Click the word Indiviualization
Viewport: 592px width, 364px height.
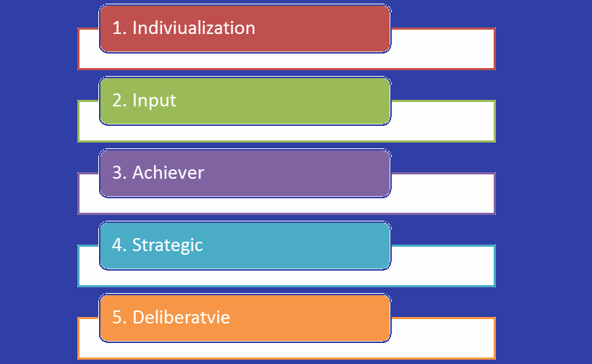point(194,28)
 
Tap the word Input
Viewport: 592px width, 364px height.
point(154,101)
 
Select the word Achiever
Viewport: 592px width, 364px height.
point(168,173)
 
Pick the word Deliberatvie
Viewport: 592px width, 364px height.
point(181,317)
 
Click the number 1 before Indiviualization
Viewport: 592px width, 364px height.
point(117,28)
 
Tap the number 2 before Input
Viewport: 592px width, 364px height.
point(117,101)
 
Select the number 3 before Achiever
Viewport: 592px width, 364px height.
point(117,173)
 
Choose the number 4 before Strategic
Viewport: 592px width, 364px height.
point(117,245)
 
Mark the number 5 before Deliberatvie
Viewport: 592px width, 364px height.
point(117,318)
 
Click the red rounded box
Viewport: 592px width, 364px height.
point(245,28)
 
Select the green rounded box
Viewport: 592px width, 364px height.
point(245,101)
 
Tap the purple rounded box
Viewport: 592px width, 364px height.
point(245,173)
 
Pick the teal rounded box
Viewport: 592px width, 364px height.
point(245,246)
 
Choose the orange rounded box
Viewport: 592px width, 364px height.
point(245,318)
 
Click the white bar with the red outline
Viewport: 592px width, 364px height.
point(442,49)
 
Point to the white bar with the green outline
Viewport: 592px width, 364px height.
point(442,122)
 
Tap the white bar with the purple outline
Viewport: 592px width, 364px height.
point(442,193)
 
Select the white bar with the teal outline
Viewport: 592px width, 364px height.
point(442,266)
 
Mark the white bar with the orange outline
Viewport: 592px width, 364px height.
point(442,338)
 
